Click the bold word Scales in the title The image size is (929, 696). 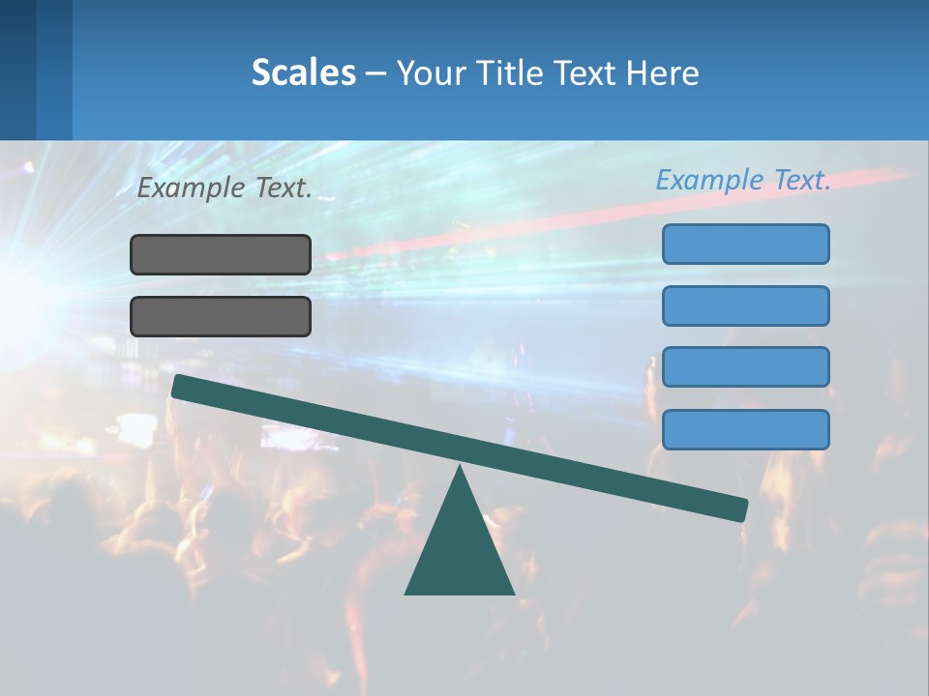[303, 73]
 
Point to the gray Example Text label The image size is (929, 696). [225, 188]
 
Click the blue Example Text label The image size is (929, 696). [743, 181]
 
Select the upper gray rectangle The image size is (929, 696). [221, 254]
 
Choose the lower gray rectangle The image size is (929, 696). [221, 316]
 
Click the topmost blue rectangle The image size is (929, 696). [745, 244]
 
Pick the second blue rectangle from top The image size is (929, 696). [745, 305]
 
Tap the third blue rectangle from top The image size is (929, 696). [745, 367]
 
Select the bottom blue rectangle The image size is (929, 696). [745, 429]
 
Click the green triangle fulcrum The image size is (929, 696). [460, 551]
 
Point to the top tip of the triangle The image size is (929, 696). [460, 469]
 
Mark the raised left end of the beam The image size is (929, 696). [180, 386]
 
